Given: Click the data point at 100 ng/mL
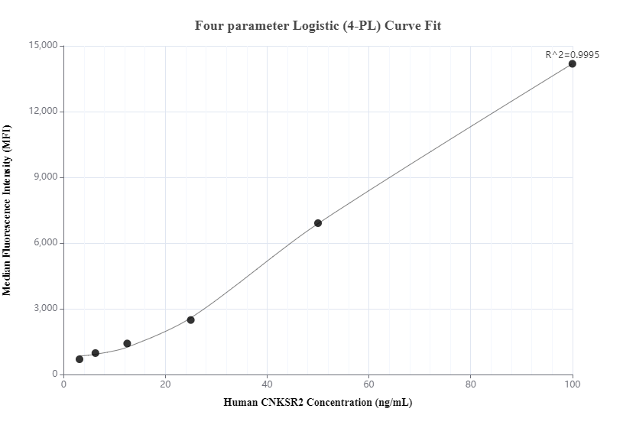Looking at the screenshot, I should pos(573,63).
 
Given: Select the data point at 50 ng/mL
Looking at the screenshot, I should pos(318,223).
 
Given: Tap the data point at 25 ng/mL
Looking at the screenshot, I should pos(191,319).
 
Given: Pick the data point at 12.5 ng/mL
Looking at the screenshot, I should pos(127,343).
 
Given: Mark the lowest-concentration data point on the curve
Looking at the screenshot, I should pos(79,359).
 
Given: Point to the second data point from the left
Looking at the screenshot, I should pos(96,353).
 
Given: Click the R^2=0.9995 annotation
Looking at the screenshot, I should pos(572,54).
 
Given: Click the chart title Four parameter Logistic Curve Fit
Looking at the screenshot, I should pos(318,25).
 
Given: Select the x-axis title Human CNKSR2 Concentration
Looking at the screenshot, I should pos(318,402).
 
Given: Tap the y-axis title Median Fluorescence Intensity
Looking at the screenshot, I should pos(8,210).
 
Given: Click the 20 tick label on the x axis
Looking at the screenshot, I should pos(166,384).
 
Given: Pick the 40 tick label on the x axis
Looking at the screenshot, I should pos(268,384).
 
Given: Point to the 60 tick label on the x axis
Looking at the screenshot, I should pos(369,384).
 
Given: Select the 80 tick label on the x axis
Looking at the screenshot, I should pos(471,384).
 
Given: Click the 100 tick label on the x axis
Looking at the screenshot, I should pos(573,384).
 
